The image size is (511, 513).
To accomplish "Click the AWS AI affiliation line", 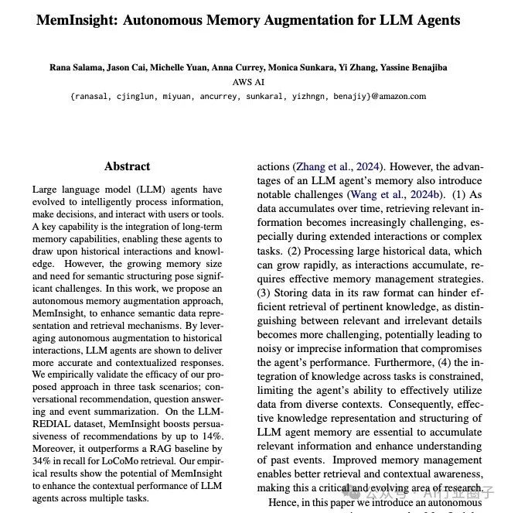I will (248, 81).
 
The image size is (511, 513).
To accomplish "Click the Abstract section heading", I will (128, 166).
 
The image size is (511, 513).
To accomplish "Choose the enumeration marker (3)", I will (266, 293).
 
